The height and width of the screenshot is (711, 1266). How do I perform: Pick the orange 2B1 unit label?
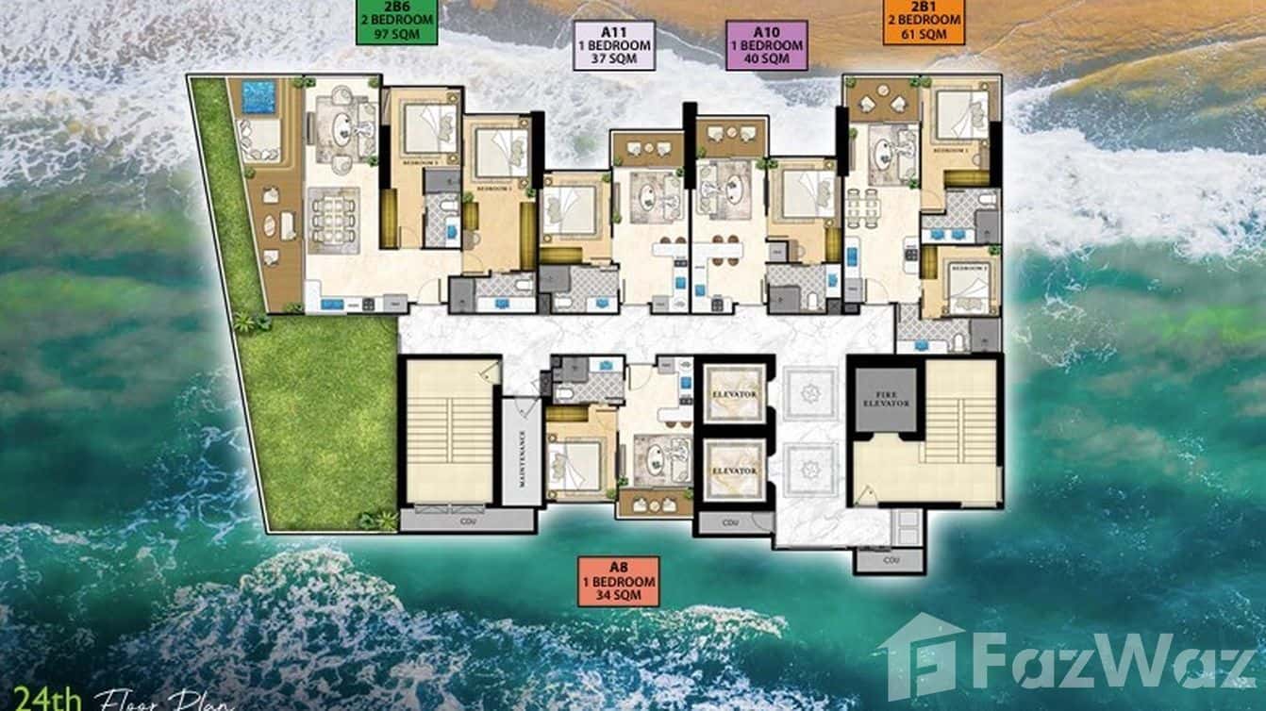coord(924,21)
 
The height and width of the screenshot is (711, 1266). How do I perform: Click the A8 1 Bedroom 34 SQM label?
coord(619,580)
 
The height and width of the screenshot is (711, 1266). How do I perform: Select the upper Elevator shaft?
coord(734,393)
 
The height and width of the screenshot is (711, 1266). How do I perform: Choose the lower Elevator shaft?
coord(734,470)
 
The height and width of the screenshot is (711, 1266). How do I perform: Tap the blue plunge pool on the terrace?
coord(258,96)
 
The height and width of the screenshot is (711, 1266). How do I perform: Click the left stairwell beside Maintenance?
coord(449,431)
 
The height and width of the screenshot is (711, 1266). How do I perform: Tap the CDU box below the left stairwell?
coord(466,520)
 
